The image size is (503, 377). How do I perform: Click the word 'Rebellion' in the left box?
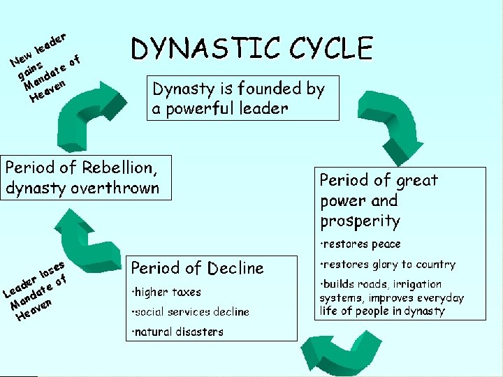[118, 168]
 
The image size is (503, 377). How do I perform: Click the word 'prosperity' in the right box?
[360, 221]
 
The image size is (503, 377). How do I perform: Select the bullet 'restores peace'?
[361, 244]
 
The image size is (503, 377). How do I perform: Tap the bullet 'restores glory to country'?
[388, 265]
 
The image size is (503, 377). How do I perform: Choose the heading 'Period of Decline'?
[198, 268]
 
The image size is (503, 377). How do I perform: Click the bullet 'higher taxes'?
[167, 292]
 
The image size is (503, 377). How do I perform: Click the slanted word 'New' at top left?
[21, 59]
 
